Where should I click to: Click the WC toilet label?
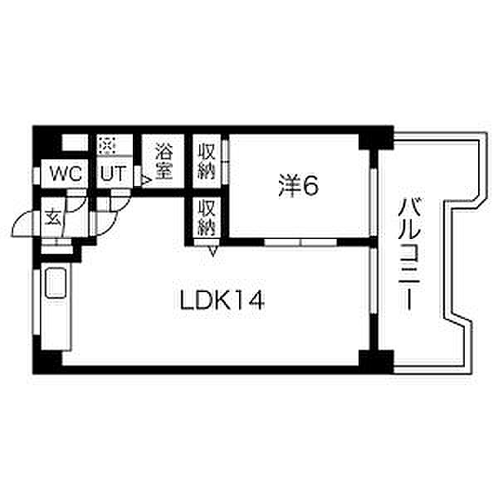point(65,175)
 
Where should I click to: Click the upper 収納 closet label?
point(207,161)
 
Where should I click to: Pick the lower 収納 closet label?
point(207,218)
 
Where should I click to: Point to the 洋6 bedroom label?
point(298,188)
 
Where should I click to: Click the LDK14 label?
point(222,300)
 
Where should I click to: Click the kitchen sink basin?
point(57,284)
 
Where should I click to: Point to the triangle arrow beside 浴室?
point(144,178)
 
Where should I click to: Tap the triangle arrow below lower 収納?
point(212,250)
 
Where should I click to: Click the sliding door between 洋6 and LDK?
point(300,242)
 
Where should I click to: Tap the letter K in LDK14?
point(219,300)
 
